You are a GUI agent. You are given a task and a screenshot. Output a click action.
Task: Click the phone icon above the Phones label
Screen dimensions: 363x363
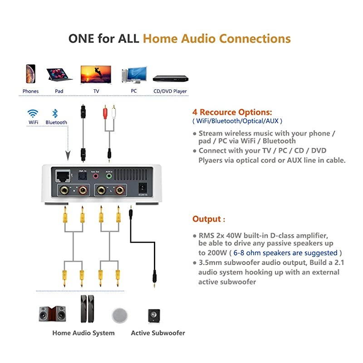[30, 74]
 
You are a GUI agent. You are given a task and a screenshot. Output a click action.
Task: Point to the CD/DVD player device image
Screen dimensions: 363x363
[170, 78]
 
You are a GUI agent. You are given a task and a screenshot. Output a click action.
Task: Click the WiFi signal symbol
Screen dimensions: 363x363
[33, 113]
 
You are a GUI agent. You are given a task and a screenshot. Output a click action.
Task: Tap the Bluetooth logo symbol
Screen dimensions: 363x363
[55, 113]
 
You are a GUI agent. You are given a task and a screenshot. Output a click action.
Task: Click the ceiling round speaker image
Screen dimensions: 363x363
[120, 314]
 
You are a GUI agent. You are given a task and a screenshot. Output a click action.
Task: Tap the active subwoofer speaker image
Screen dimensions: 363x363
[154, 315]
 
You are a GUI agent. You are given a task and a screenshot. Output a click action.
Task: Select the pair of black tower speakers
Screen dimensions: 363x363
[88, 309]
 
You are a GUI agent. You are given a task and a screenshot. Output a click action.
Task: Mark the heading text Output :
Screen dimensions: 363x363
[209, 219]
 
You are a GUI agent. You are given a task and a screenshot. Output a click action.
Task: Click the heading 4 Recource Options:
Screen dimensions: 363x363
[232, 112]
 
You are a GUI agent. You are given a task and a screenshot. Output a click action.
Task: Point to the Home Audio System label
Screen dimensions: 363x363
[83, 333]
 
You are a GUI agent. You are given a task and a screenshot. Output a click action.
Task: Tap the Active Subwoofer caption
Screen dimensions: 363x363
[158, 333]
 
